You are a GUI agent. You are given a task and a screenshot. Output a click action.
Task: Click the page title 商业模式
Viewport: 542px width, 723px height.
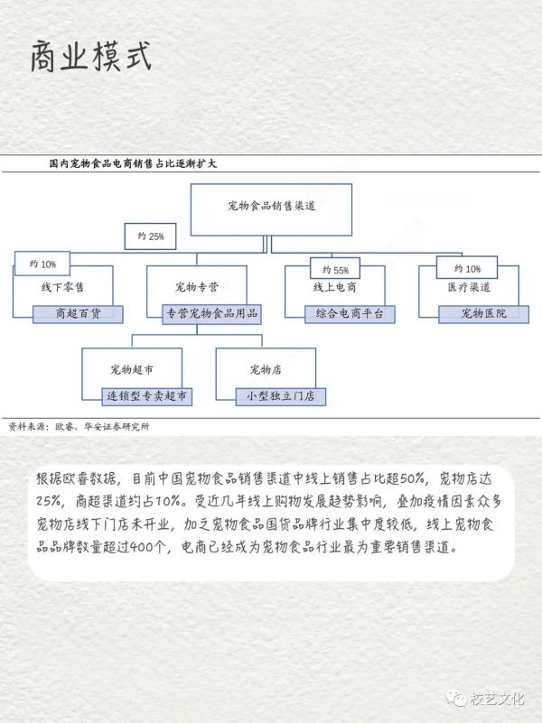coord(91,56)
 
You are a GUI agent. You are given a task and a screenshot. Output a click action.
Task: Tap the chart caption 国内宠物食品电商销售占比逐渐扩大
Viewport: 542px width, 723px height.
coord(134,163)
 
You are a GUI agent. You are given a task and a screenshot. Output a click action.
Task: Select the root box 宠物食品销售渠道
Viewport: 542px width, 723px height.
coord(271,209)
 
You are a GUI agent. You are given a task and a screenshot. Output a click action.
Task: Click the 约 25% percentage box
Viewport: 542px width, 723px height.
coord(150,236)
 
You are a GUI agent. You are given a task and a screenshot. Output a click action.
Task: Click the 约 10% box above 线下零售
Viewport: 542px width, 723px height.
coord(42,264)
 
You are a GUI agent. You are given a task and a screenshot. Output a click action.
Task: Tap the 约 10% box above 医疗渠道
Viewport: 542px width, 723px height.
coord(467,268)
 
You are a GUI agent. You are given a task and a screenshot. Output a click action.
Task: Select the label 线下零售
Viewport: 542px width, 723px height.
coord(62,288)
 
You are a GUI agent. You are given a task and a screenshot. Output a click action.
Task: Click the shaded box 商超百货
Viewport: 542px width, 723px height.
coord(78,314)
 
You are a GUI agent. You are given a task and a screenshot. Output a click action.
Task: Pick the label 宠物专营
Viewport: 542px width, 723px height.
coord(197,288)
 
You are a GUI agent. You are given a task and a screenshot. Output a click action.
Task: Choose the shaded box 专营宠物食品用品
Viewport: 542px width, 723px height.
coord(211,314)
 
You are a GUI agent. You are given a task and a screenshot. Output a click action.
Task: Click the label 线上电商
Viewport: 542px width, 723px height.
coord(335,288)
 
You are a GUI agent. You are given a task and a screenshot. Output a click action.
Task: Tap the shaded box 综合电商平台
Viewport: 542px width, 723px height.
coord(350,314)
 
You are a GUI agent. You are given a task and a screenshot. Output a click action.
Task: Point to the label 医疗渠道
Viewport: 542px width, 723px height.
coord(469,288)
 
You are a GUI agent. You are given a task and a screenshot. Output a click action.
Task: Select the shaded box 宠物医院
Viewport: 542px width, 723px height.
coord(484,314)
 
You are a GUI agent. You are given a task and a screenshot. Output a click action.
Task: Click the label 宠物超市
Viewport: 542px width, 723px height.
coord(132,370)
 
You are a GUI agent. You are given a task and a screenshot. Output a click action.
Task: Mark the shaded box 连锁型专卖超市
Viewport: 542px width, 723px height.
coord(146,396)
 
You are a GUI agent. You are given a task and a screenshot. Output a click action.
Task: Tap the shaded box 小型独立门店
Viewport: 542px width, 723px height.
coord(280,396)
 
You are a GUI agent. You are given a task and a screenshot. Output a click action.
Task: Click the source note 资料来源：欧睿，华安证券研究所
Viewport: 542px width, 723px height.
coord(79,427)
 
